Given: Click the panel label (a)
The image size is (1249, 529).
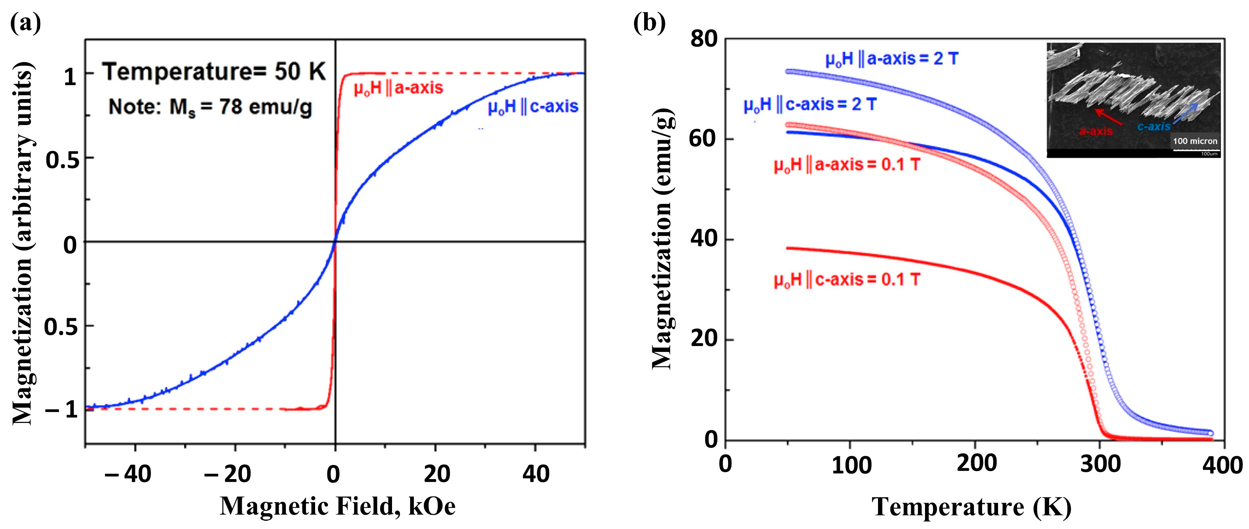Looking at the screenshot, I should click(25, 23).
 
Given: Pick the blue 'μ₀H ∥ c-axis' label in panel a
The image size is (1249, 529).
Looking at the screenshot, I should click(533, 107).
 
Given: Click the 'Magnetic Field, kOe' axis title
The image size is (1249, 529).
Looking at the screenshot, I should click(337, 507).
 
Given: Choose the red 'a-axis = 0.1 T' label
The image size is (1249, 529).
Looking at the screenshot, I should click(846, 165).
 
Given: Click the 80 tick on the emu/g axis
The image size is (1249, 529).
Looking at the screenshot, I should click(704, 39).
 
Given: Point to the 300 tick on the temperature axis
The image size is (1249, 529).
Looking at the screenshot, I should click(1100, 464).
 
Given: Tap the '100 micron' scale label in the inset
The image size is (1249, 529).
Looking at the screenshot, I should click(1195, 141).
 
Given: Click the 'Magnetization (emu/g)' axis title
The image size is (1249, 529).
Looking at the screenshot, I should click(662, 240).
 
